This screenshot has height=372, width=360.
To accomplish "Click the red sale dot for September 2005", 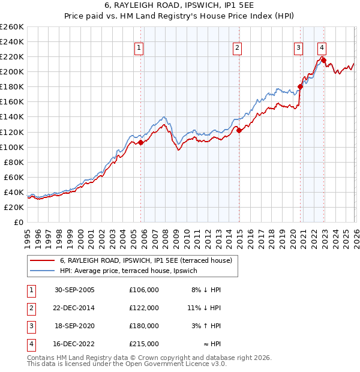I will [141, 143].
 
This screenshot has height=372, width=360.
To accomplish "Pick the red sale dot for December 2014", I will [239, 130].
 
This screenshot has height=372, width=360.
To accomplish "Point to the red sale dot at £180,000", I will [300, 86].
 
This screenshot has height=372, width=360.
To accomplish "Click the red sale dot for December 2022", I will [324, 60].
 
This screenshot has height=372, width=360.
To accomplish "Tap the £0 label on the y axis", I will [18, 222].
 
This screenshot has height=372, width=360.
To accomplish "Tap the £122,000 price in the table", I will [144, 307].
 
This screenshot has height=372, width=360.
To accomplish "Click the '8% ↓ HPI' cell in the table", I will [206, 289].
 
